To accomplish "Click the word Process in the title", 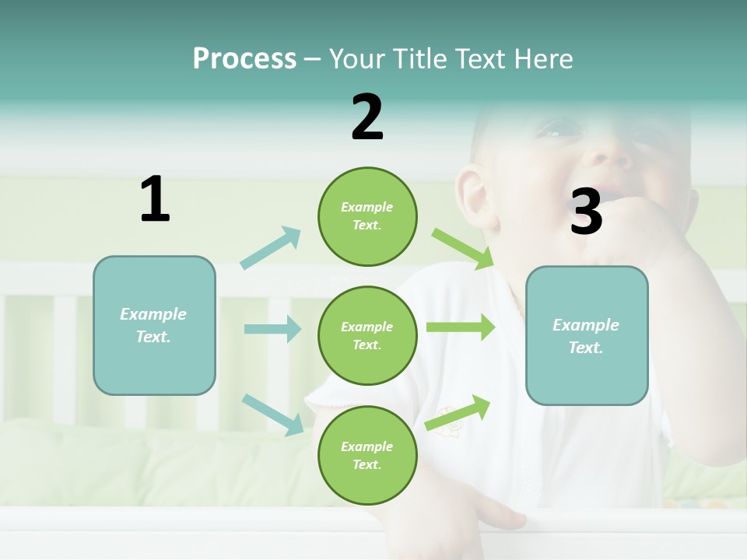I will coord(244,59).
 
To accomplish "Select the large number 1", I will coord(155,200).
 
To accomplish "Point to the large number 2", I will coord(367,117).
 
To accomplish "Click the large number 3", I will coord(586,212).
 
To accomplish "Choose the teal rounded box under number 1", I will coord(154,325).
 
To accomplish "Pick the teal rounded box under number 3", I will coord(587,336).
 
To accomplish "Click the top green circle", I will coord(367,216).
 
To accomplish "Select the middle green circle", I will coord(367,335).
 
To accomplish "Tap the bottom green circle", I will coord(367,455).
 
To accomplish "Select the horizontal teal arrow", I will coord(272,329).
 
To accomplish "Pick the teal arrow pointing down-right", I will coord(273,415).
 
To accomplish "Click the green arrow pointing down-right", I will coord(463,249).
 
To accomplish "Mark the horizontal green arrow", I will coord(461,327).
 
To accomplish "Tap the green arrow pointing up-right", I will coord(458,412).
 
